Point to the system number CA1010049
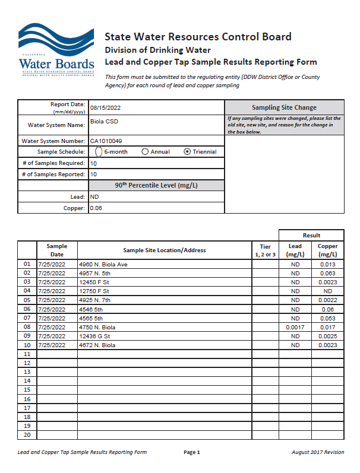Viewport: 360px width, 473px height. click(109, 141)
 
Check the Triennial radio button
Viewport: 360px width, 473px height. click(188, 151)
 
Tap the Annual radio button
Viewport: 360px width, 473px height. click(145, 151)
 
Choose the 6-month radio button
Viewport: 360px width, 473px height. click(99, 151)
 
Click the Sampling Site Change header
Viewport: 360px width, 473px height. click(284, 107)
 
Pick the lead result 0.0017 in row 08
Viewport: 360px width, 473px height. click(295, 327)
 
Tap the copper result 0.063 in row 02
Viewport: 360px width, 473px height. click(328, 273)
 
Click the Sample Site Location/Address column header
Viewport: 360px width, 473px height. click(164, 250)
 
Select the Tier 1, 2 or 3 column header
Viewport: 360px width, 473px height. click(265, 250)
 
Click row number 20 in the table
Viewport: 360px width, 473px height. click(27, 435)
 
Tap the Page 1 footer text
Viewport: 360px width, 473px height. click(192, 452)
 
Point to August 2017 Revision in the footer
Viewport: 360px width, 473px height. click(318, 452)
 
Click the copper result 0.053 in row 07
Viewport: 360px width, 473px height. click(328, 318)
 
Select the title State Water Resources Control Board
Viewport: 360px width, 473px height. click(198, 37)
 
